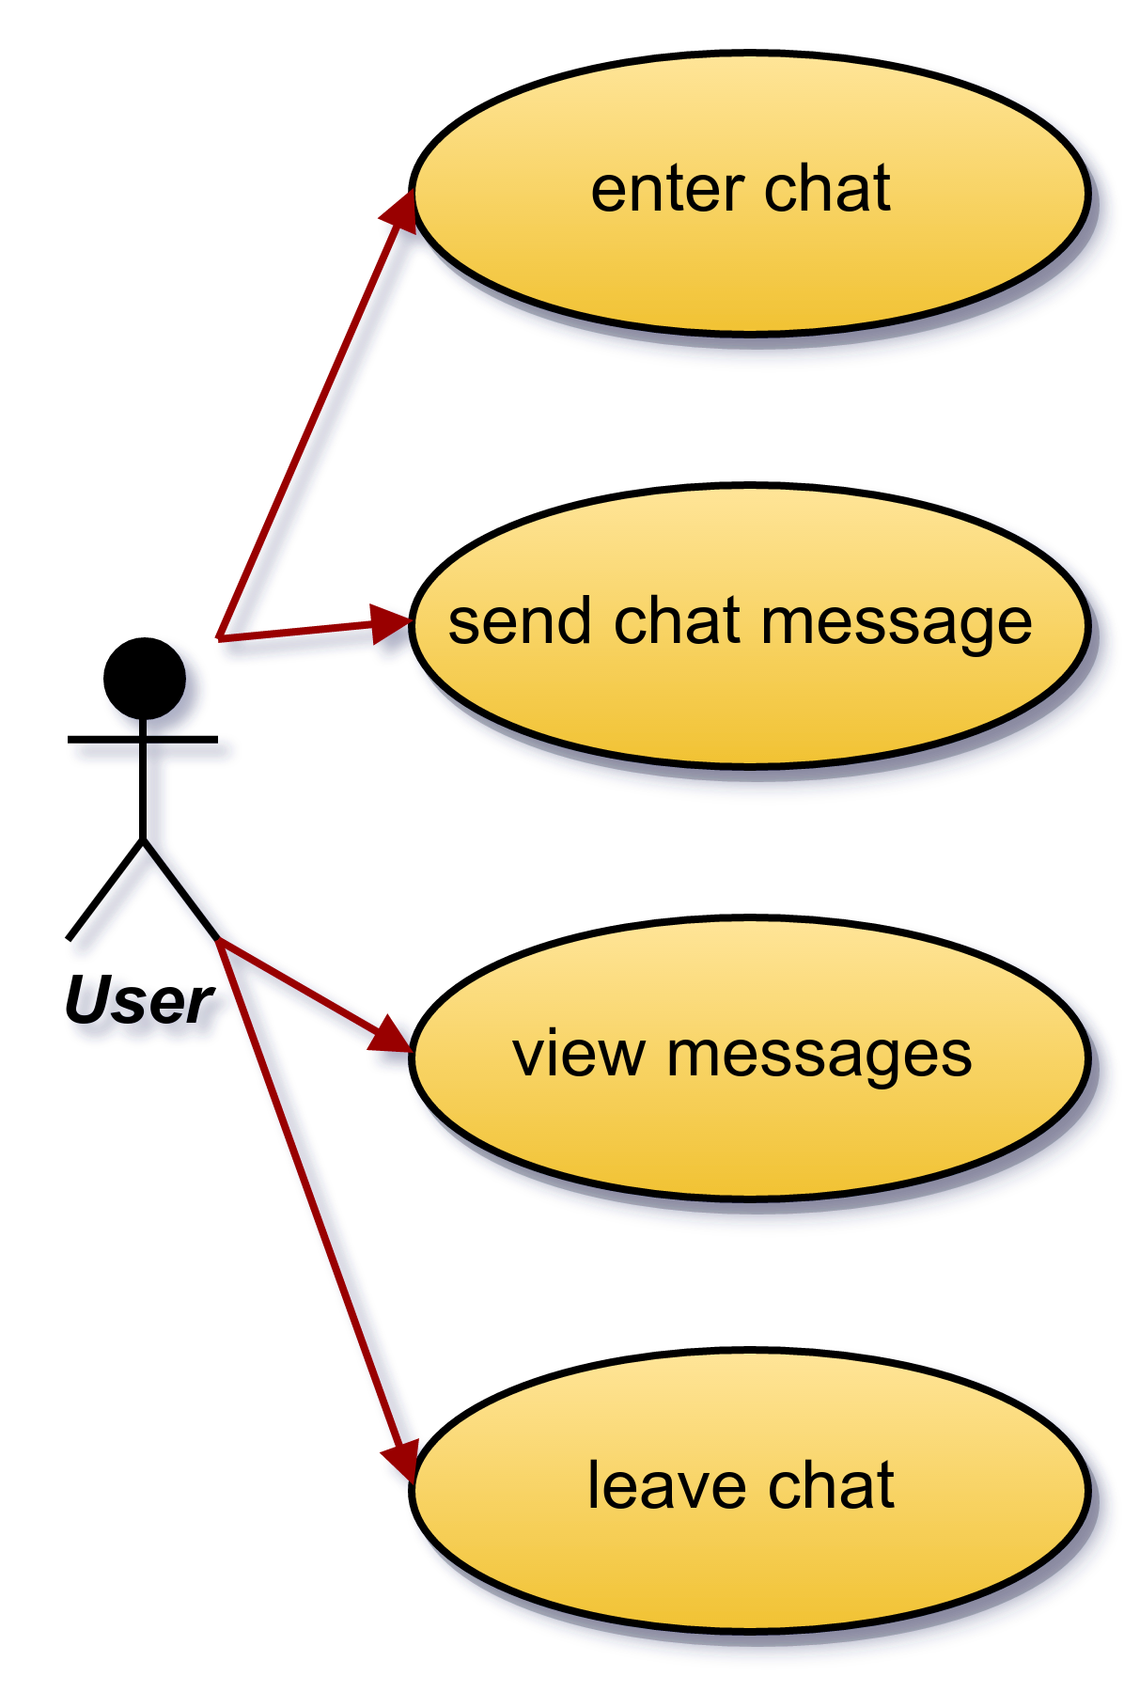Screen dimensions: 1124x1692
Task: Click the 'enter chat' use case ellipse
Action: (x=750, y=193)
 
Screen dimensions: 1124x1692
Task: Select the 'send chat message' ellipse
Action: (x=750, y=626)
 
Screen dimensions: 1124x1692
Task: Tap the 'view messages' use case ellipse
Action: (x=750, y=1058)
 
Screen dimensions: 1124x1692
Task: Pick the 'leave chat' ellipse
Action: (x=750, y=1491)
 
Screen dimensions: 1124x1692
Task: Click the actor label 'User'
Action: (x=140, y=1000)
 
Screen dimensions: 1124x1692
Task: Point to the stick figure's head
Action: (x=144, y=679)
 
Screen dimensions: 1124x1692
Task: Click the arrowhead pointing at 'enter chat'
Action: (x=398, y=210)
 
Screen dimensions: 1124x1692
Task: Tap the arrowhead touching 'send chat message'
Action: (x=391, y=623)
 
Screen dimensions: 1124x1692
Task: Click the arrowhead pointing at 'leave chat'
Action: (x=400, y=1463)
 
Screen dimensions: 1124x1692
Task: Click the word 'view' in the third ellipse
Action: (x=578, y=1055)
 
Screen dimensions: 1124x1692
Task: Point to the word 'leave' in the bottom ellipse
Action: (x=667, y=1486)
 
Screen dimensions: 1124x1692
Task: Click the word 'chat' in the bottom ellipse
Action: (x=831, y=1486)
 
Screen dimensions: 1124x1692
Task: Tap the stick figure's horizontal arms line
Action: (x=143, y=740)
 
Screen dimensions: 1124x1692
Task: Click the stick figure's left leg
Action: (x=105, y=889)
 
